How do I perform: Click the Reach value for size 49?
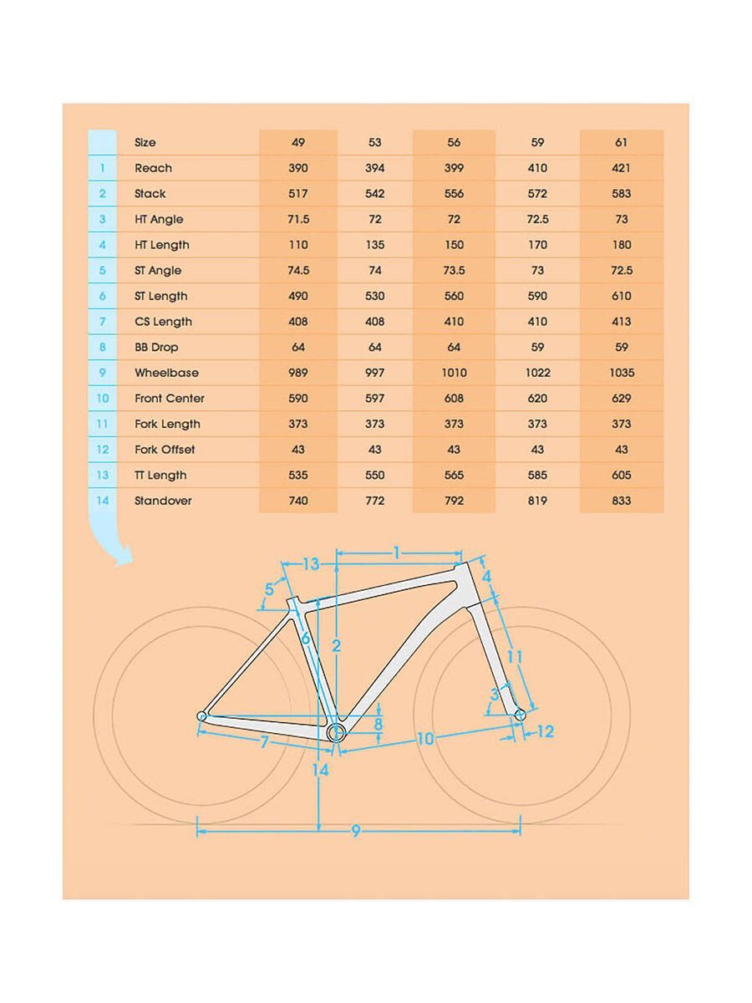[298, 168]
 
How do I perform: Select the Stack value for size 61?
[621, 194]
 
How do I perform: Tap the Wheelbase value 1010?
[454, 373]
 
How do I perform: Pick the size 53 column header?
[375, 143]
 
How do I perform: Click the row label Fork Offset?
[165, 450]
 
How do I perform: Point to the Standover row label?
[163, 501]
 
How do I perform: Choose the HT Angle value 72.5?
[537, 219]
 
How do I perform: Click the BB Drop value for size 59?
[537, 347]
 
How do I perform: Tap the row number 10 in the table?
[102, 399]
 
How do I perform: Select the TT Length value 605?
[621, 476]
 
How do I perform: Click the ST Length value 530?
[375, 296]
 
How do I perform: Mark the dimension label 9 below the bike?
[355, 832]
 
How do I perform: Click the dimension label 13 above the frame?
[311, 564]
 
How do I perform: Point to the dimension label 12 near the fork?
[545, 732]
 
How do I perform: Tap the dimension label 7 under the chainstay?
[264, 741]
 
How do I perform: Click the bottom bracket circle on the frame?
[337, 733]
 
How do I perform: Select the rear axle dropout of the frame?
[201, 715]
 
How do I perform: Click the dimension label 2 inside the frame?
[336, 645]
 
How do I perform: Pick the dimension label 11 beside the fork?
[515, 657]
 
